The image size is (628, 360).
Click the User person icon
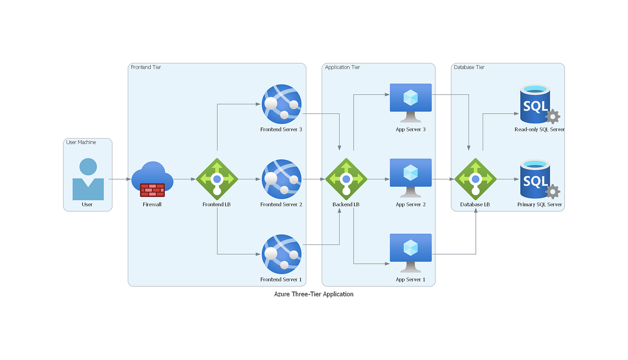(87, 179)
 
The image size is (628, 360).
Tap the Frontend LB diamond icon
(217, 179)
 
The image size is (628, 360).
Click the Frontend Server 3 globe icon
(282, 104)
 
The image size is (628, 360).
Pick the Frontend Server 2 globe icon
(282, 179)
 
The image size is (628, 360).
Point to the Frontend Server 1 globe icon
(282, 254)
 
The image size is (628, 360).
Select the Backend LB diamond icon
(346, 179)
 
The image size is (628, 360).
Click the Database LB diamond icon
(475, 179)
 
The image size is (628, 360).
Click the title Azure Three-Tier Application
(313, 294)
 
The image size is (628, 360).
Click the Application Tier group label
(342, 67)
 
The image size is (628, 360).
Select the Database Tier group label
(469, 67)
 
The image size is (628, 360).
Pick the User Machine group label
(81, 142)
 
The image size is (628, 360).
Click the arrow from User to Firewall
(120, 179)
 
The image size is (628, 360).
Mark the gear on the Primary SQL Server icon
(553, 192)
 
